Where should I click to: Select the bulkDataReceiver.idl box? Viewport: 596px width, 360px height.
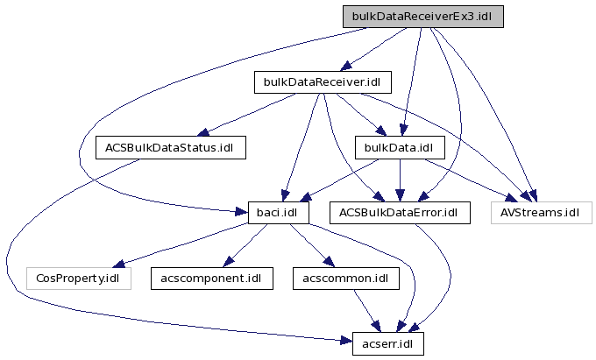pos(322,82)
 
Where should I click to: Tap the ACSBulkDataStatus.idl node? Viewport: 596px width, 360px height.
pos(170,147)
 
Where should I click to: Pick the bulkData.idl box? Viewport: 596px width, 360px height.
pos(399,147)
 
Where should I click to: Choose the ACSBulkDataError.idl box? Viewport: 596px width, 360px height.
pos(399,212)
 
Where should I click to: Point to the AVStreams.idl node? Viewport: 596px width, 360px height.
pos(541,212)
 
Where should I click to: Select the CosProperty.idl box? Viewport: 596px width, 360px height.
pos(78,278)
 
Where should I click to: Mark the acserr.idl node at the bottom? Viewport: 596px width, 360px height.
pos(387,342)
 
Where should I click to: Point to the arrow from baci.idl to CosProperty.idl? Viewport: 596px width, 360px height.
pos(175,246)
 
